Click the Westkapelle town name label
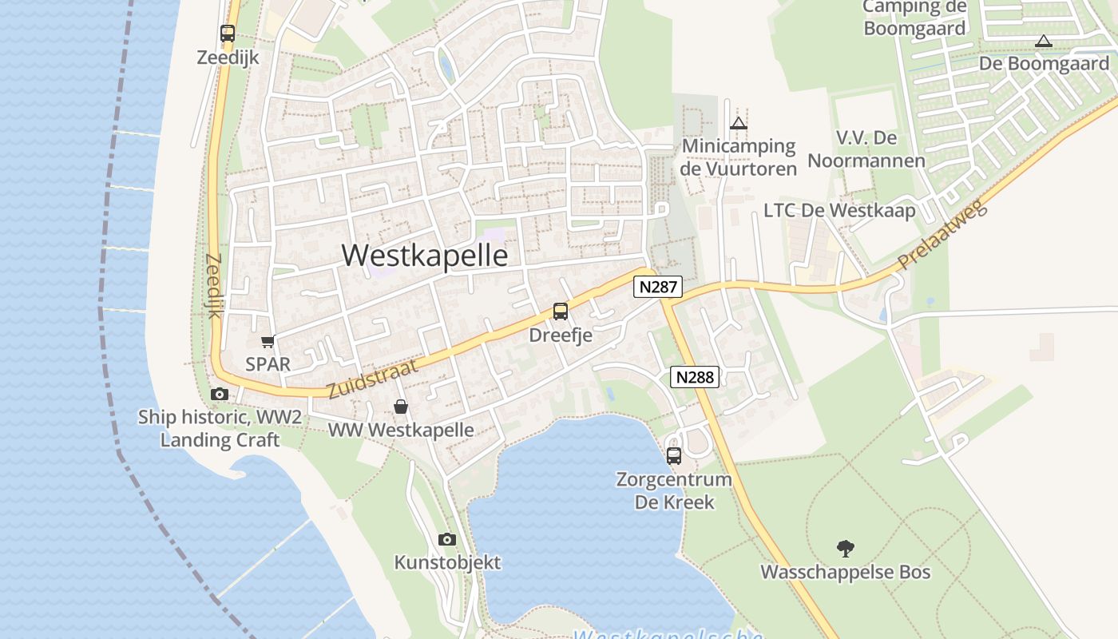click(x=425, y=255)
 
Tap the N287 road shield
click(x=659, y=287)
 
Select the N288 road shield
click(x=695, y=377)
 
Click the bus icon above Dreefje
click(x=561, y=312)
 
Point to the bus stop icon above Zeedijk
click(x=228, y=34)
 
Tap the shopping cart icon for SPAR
click(x=268, y=341)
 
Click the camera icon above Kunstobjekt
click(x=447, y=539)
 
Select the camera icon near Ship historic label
click(x=219, y=394)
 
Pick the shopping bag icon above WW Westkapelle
click(x=401, y=407)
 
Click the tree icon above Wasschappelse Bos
click(x=846, y=548)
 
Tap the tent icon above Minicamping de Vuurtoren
click(x=739, y=123)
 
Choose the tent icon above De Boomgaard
click(x=1043, y=41)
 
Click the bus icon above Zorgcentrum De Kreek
click(x=674, y=456)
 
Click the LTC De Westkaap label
click(x=839, y=210)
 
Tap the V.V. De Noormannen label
click(x=866, y=149)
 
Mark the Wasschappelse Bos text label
click(x=846, y=572)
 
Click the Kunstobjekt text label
click(x=447, y=562)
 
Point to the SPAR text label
click(x=268, y=363)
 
